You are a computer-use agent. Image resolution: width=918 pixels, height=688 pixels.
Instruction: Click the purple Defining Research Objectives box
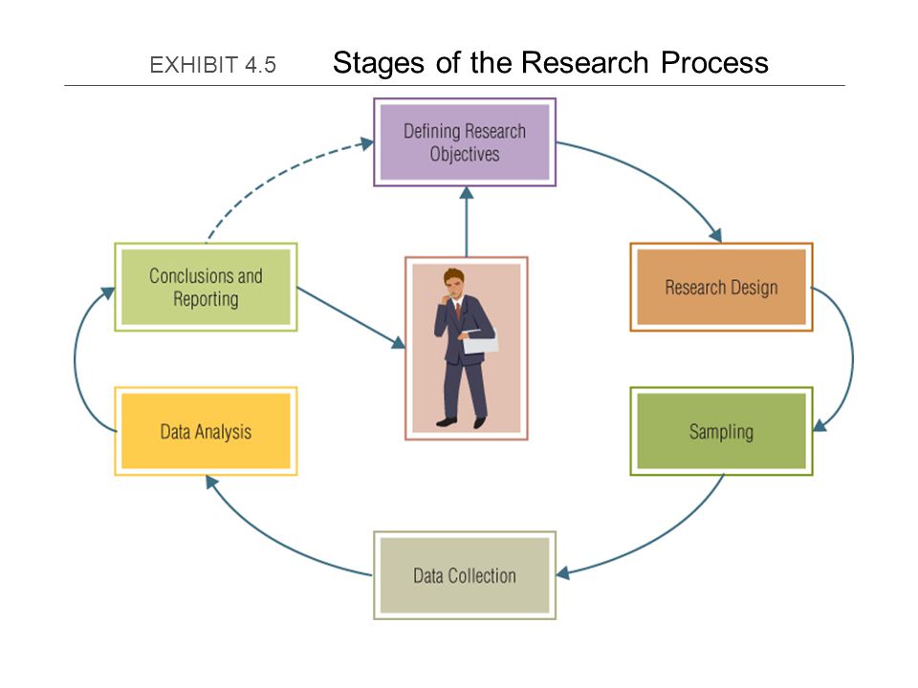(465, 142)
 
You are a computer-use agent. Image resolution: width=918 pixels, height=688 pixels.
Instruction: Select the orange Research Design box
(721, 288)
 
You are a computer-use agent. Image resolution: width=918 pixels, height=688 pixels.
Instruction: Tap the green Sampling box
(721, 431)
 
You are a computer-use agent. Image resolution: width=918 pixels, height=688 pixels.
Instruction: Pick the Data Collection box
(465, 575)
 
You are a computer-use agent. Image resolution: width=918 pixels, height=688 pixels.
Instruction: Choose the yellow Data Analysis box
(207, 431)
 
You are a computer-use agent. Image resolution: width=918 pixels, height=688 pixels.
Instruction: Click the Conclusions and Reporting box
(207, 288)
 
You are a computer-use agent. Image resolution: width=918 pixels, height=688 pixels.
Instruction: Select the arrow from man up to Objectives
(467, 222)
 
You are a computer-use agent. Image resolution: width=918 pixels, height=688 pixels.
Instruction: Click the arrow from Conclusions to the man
(351, 317)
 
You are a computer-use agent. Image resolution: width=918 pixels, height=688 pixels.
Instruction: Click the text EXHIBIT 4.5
(212, 65)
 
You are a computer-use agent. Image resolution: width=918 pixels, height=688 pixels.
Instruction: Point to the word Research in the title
(584, 63)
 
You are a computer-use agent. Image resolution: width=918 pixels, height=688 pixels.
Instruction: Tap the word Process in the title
(714, 63)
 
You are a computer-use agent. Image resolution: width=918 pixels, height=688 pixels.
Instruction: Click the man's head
(453, 283)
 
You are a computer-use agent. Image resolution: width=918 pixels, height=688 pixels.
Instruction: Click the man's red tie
(458, 310)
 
